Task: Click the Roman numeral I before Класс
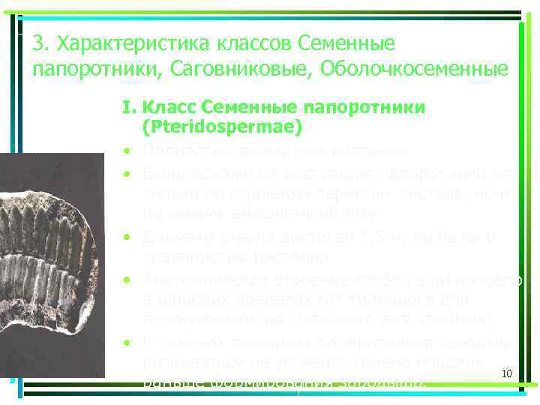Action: [127, 108]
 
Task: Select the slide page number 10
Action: [506, 373]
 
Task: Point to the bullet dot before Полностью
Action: [128, 151]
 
